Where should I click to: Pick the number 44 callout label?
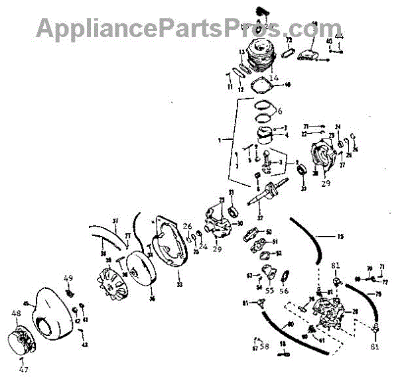[x=339, y=35]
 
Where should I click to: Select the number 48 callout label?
[x=15, y=313]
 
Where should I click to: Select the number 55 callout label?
[x=269, y=290]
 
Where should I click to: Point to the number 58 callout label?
[x=265, y=346]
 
